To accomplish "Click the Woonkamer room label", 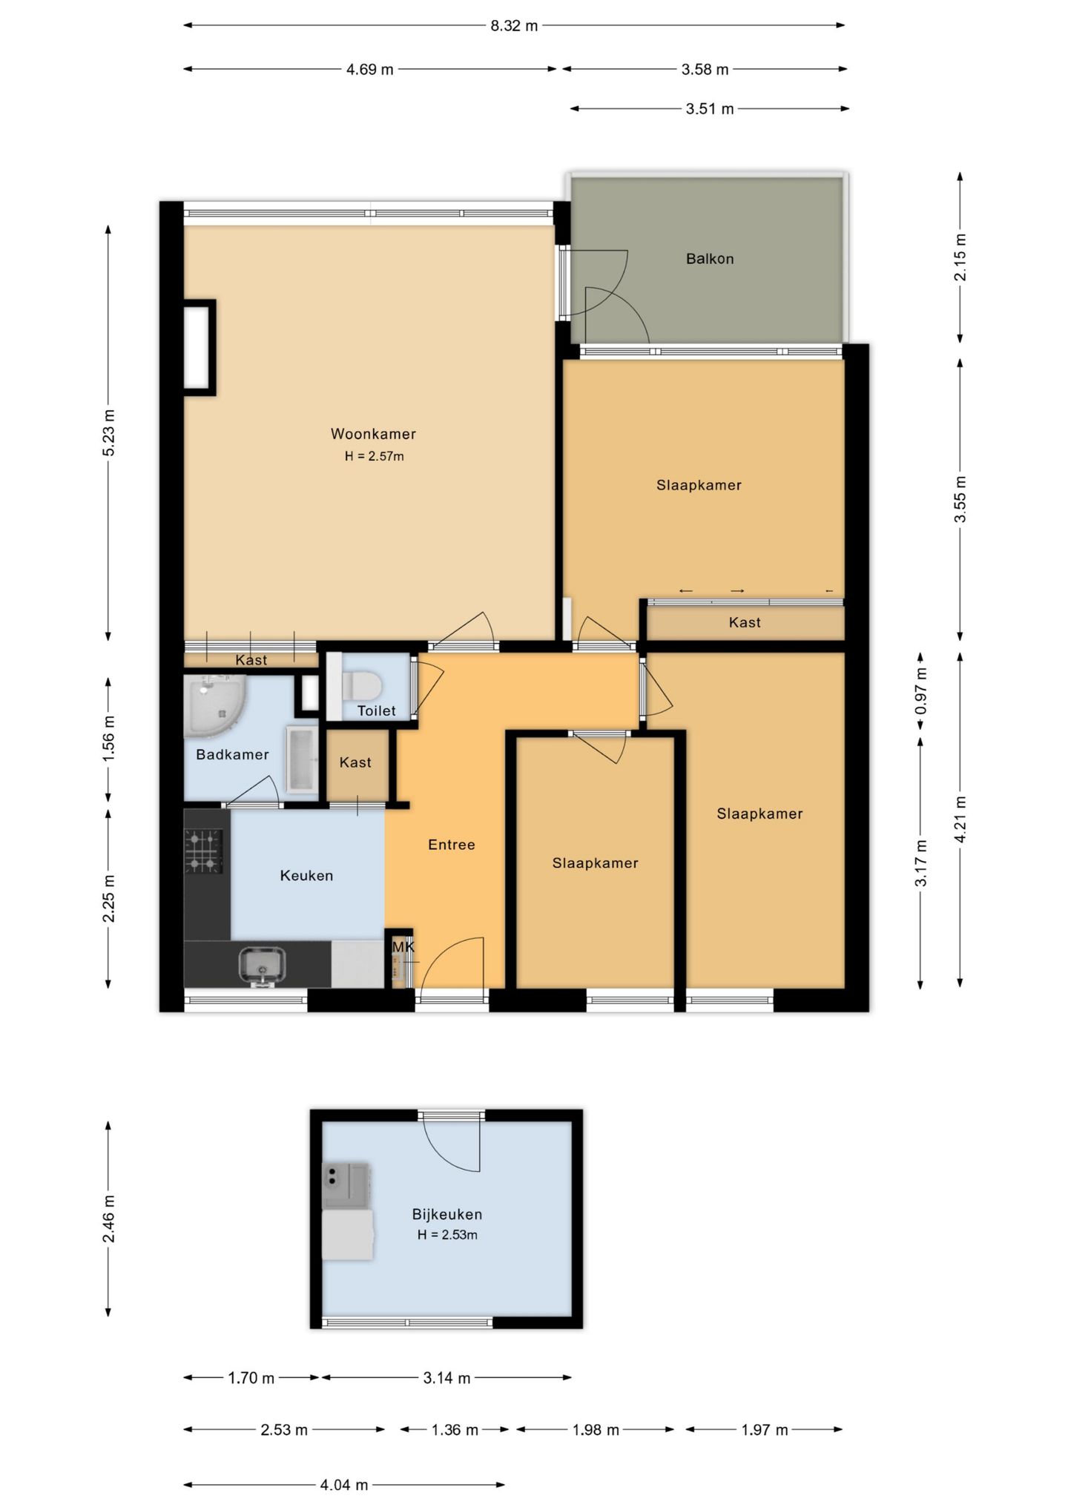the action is (373, 434).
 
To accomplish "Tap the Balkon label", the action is (710, 259).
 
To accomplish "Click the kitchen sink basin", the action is (262, 965).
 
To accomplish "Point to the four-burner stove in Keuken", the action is (203, 851).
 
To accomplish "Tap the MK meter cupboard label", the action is (403, 947).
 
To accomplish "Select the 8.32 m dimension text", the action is (514, 26).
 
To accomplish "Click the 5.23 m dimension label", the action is (109, 433).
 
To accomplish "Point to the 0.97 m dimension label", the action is (921, 690).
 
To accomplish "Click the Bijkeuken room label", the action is (447, 1215).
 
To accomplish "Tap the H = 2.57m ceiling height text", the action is (374, 457).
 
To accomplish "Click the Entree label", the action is (452, 845).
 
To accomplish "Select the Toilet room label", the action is (377, 711).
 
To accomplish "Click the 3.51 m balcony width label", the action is (710, 109).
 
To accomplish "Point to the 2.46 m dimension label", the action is (109, 1219).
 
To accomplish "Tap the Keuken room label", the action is (306, 876).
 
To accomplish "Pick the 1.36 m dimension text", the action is (455, 1430).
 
